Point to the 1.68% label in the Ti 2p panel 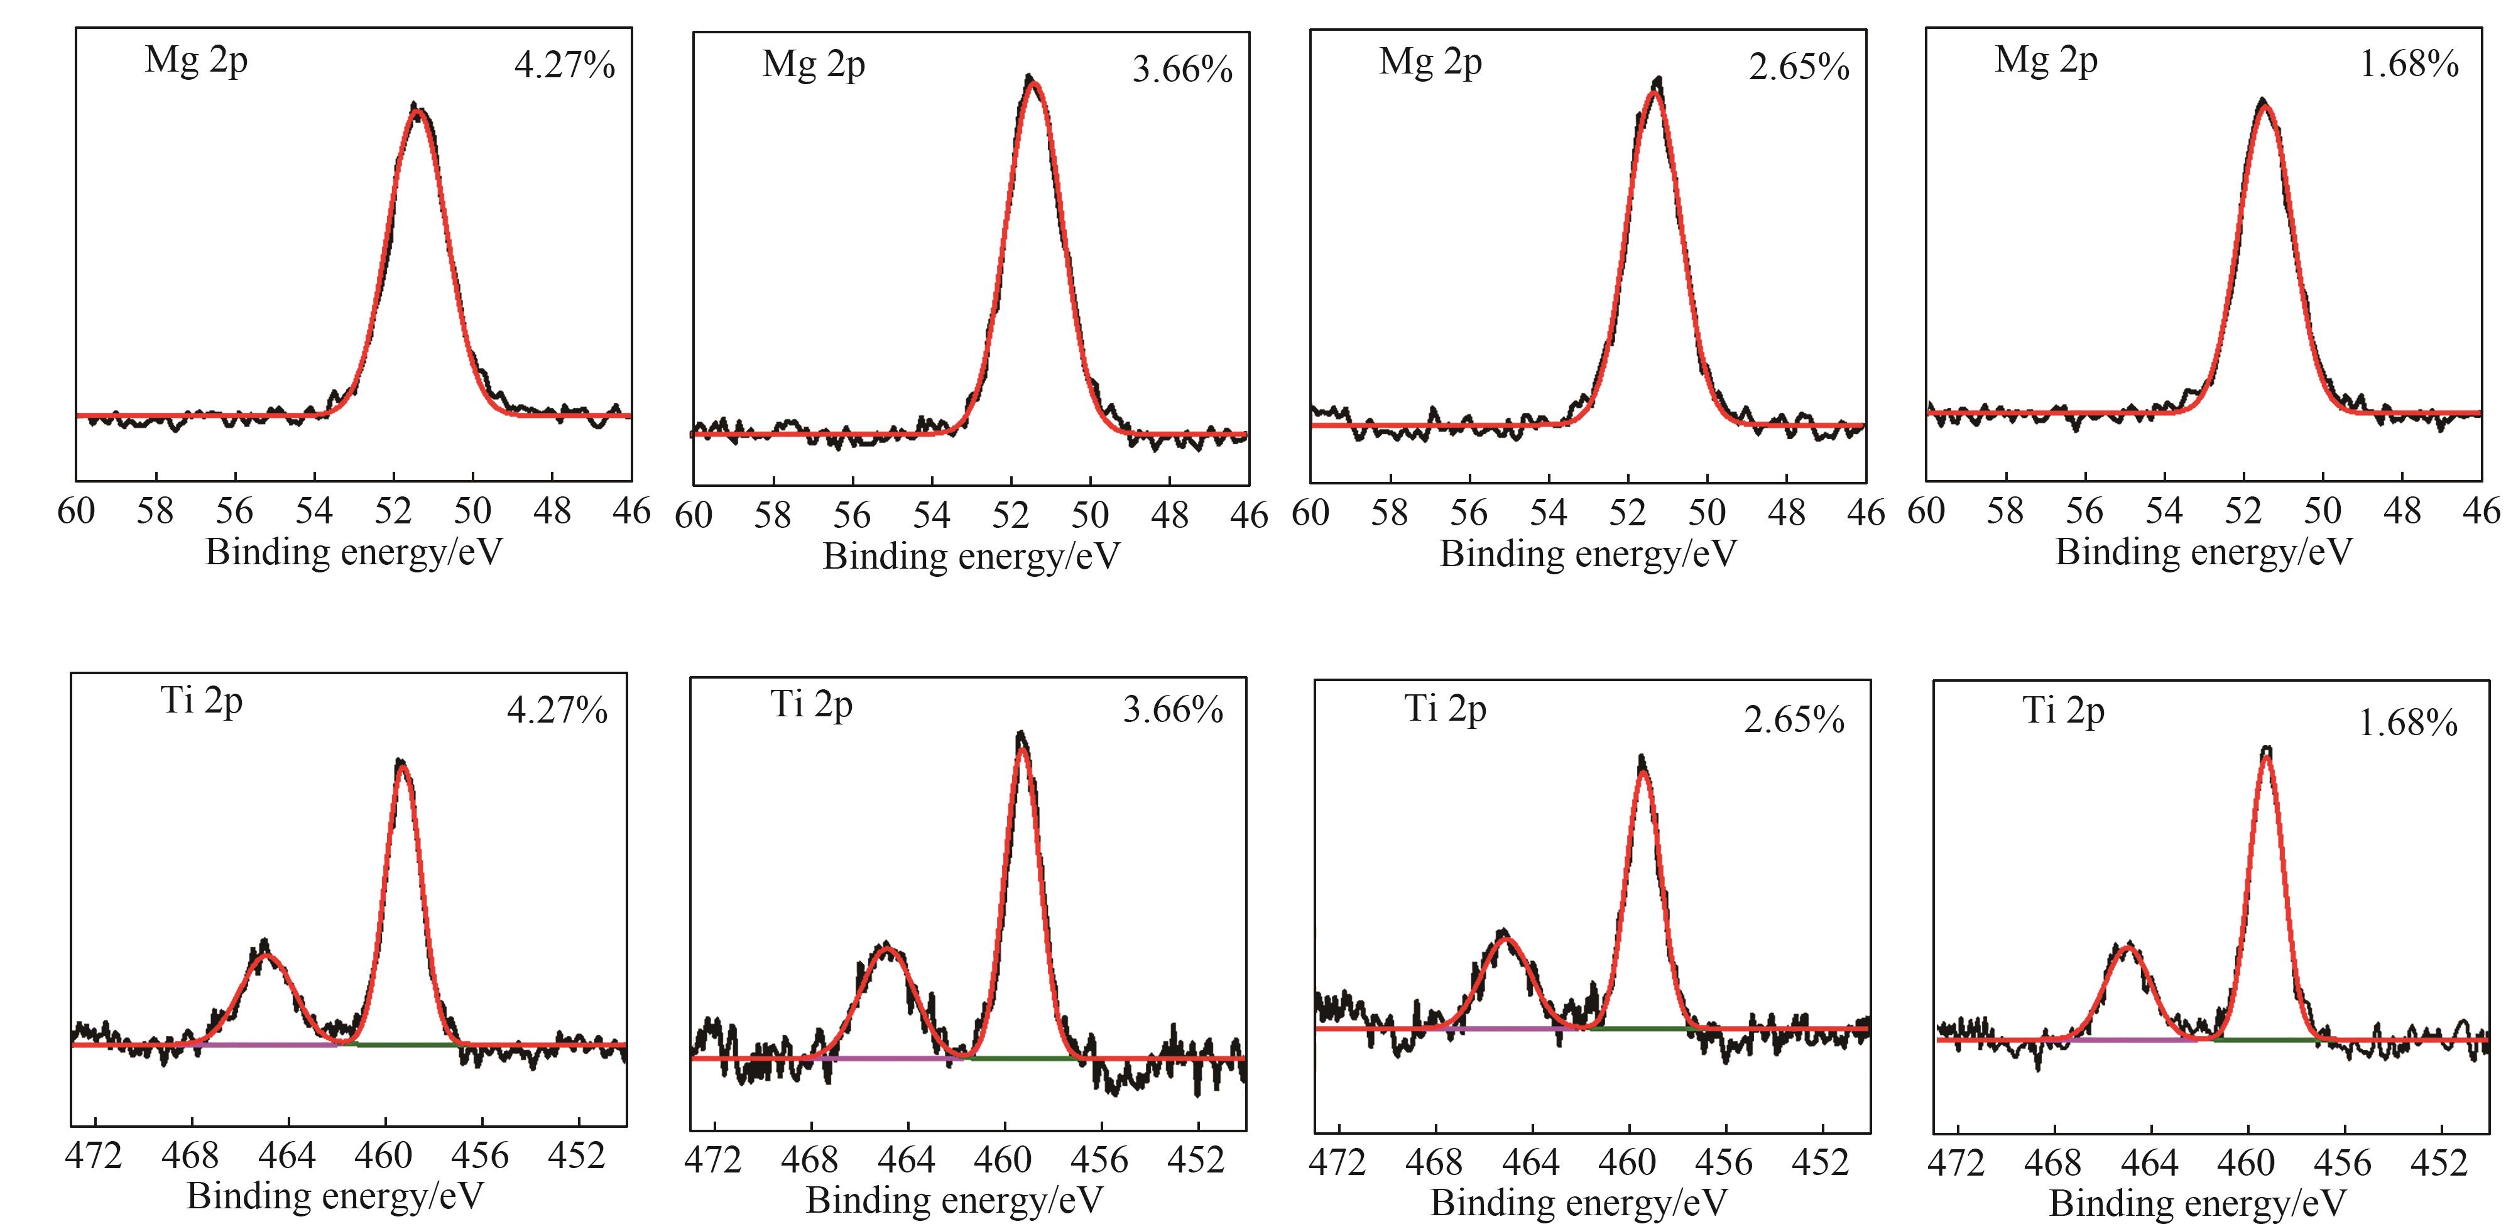2408,723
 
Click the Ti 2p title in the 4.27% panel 202,701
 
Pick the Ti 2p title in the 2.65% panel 1445,709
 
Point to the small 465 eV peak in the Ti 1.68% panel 2128,948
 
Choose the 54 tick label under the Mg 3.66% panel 931,515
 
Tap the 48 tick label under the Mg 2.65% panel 1786,513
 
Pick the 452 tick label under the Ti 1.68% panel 2441,1162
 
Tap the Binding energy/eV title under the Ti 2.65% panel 1579,1203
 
